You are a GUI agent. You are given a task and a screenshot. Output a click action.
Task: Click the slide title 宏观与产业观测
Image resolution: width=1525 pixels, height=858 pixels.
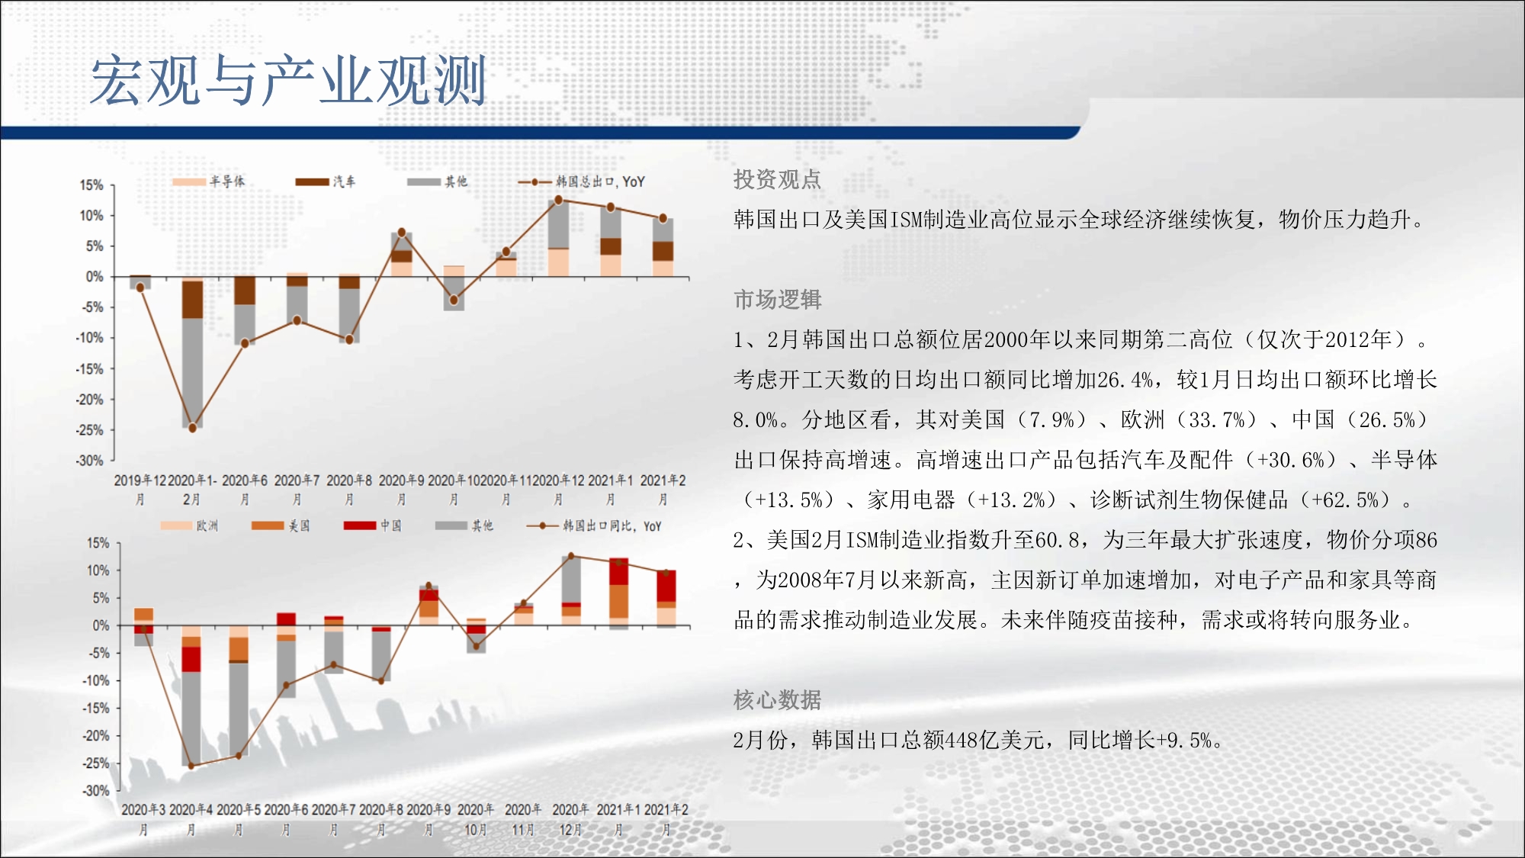[288, 80]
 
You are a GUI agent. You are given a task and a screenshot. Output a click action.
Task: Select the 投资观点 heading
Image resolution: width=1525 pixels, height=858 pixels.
[777, 179]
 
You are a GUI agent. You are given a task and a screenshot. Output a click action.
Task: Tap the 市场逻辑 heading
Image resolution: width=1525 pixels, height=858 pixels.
[777, 300]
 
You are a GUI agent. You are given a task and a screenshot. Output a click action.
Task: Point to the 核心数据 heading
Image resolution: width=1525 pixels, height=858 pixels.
[777, 699]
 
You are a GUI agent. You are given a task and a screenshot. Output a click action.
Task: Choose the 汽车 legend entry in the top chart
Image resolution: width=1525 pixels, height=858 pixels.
[326, 182]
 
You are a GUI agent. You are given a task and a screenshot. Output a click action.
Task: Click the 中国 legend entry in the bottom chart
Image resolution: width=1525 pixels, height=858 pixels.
[373, 525]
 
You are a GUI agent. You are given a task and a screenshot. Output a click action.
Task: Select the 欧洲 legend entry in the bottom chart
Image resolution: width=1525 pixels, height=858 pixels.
[190, 525]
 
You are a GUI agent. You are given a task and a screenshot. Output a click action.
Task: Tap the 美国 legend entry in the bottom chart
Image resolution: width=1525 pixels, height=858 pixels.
[281, 525]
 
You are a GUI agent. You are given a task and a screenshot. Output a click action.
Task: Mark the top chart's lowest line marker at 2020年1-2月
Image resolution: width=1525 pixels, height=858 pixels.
[192, 428]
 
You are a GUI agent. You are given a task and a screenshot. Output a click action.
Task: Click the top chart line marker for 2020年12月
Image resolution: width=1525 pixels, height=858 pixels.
[558, 200]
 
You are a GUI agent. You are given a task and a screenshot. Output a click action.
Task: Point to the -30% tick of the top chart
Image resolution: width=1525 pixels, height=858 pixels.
[89, 461]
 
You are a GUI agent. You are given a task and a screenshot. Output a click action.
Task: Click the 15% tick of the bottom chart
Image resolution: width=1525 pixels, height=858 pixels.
[98, 543]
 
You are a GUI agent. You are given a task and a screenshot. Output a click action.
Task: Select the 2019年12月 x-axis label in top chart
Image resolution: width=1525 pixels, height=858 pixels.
[140, 490]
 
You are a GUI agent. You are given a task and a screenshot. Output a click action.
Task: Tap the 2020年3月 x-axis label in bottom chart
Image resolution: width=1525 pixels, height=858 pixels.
[143, 819]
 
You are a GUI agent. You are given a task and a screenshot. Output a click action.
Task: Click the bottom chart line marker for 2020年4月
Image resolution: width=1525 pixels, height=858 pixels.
[191, 765]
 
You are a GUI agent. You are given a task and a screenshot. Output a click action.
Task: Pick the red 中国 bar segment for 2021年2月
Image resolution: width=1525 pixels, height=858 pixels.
[666, 586]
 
